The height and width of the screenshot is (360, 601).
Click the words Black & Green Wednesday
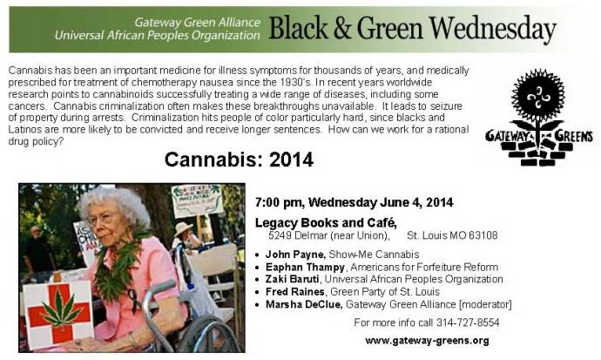[412, 29]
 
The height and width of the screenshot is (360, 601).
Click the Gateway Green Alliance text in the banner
[197, 23]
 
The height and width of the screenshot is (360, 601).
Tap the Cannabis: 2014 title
[239, 160]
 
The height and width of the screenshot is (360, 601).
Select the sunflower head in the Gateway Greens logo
[538, 95]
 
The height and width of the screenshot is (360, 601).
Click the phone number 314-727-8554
[468, 323]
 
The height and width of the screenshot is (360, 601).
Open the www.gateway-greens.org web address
[427, 341]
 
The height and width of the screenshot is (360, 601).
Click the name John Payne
[295, 255]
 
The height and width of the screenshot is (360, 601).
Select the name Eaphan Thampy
[305, 267]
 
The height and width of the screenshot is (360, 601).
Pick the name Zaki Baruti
[293, 279]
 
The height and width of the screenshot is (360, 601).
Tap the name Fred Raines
[294, 292]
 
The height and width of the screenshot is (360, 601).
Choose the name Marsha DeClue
[303, 304]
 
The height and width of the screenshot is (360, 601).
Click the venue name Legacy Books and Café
[326, 222]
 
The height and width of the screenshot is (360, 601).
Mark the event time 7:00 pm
[279, 202]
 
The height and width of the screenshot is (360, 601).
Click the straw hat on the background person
[183, 228]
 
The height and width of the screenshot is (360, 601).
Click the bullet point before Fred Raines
[258, 292]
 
